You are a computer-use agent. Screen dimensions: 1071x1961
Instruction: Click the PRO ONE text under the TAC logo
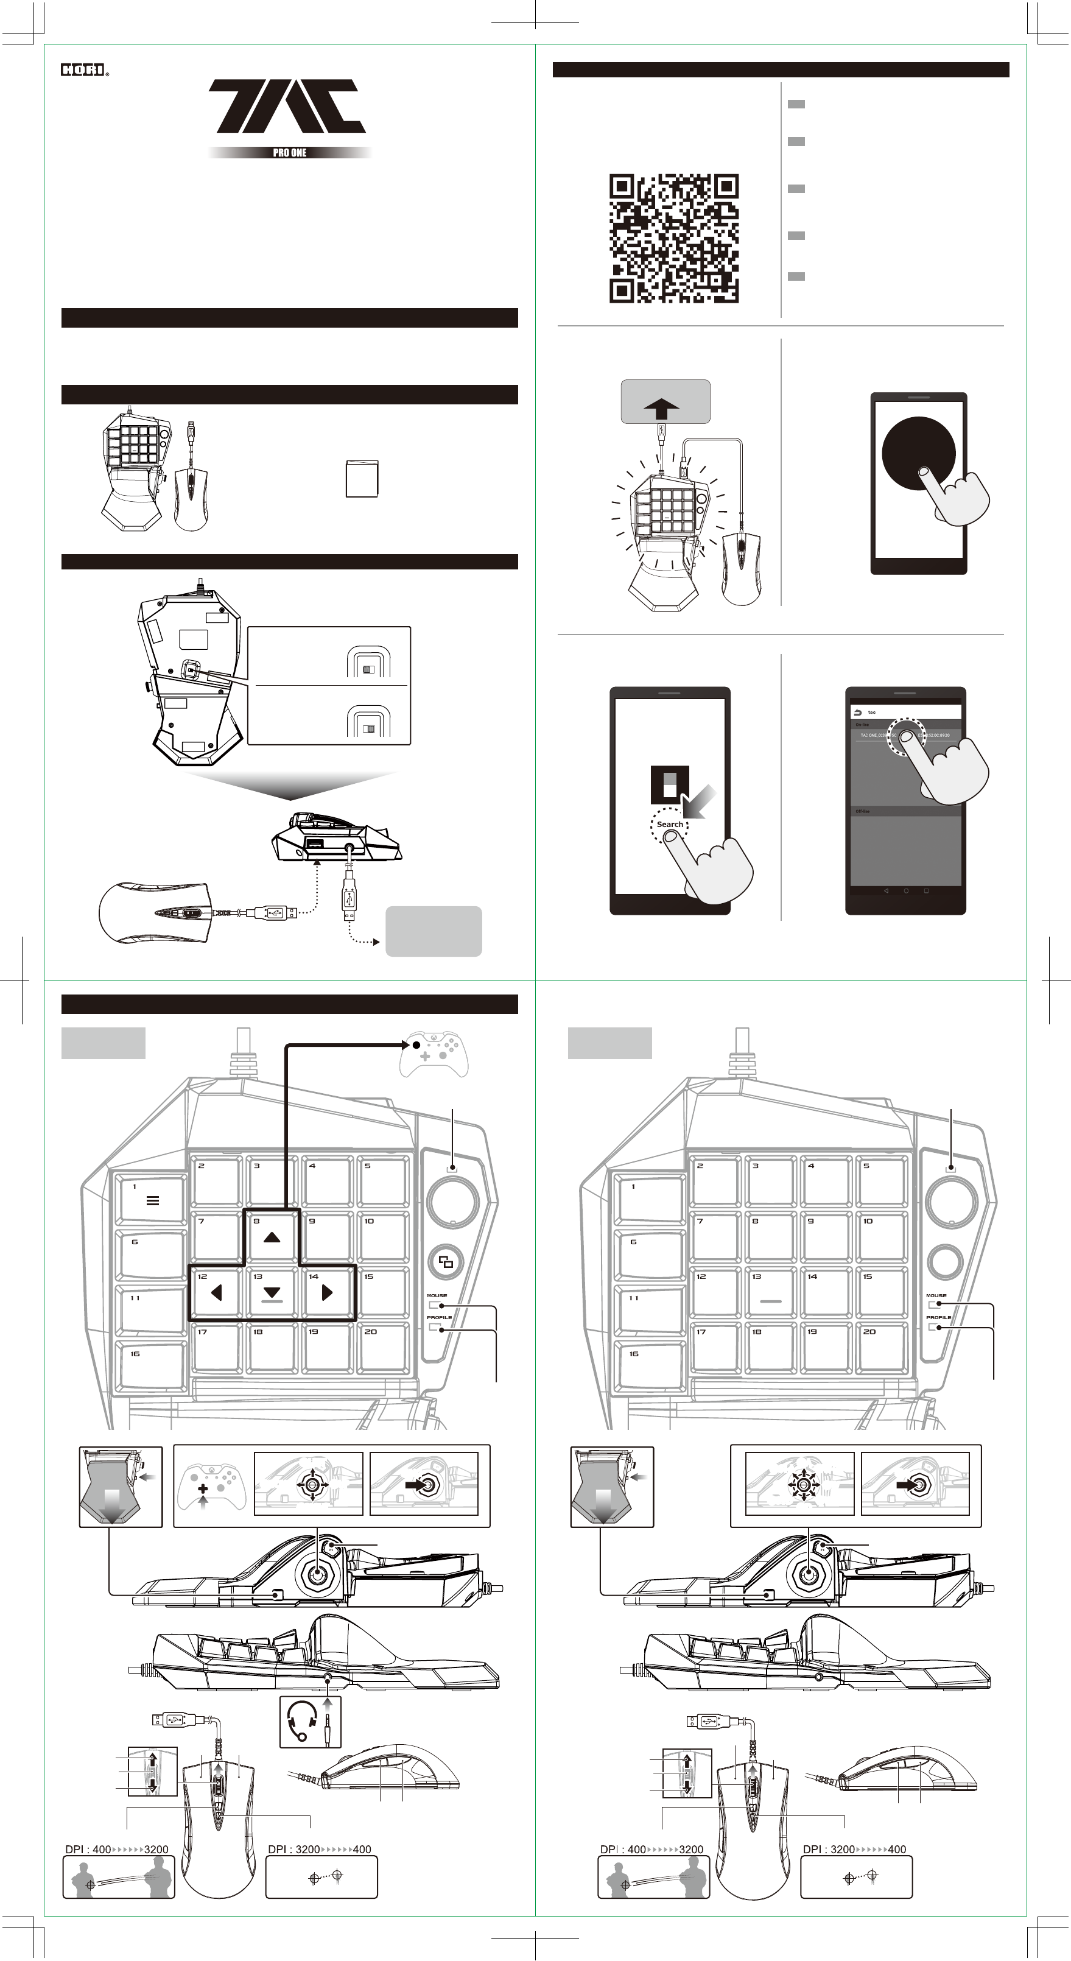[289, 152]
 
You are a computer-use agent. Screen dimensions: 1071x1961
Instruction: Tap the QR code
[673, 238]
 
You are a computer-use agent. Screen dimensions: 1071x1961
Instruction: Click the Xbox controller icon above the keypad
[434, 1054]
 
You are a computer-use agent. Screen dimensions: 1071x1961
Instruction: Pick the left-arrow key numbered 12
[216, 1292]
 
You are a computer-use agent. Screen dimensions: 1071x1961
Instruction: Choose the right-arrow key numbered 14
[328, 1292]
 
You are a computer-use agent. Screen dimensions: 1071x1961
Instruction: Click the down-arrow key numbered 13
[272, 1292]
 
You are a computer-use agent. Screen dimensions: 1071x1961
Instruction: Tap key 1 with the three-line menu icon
[152, 1200]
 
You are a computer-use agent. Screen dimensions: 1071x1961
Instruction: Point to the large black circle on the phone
[918, 454]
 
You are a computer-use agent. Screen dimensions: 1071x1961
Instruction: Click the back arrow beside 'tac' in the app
[859, 713]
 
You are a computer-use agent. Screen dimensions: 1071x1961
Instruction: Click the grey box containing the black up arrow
[665, 401]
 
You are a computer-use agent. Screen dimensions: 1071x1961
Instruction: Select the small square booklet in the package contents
[362, 478]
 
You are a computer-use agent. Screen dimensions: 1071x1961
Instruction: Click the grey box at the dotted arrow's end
[433, 931]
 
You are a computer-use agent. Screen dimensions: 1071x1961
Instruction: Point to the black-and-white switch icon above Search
[669, 785]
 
